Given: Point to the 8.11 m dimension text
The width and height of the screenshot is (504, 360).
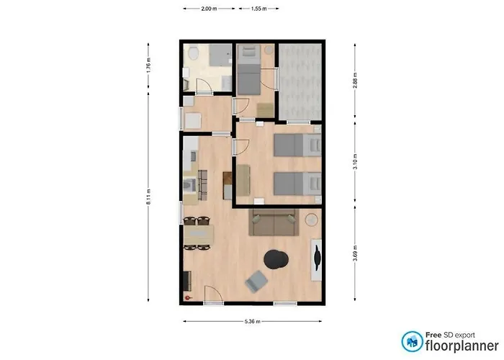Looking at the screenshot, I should click(148, 201).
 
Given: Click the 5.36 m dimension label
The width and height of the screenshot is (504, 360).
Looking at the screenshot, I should click(253, 322).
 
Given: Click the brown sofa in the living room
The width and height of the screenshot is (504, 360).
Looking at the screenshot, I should click(274, 222).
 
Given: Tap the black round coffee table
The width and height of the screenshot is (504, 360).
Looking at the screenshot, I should click(276, 258).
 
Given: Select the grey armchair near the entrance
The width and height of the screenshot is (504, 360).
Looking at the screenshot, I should click(256, 282).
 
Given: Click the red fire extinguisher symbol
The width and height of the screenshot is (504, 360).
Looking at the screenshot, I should click(189, 296).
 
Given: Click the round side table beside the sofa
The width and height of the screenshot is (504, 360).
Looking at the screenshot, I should click(312, 220).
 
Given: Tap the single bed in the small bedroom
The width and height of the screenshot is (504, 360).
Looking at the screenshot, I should click(249, 70).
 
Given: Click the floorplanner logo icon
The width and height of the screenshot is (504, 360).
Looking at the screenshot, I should click(412, 341).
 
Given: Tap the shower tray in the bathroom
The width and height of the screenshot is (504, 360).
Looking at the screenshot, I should click(219, 56).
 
